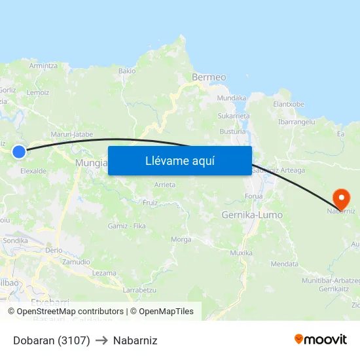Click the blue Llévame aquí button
click(179, 160)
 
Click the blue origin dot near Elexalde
click(19, 152)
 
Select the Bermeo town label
click(209, 77)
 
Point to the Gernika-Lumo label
click(252, 215)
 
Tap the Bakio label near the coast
click(127, 71)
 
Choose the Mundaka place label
click(231, 98)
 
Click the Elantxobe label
click(289, 104)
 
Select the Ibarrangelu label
click(297, 122)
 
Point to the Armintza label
click(43, 65)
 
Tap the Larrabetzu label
click(139, 289)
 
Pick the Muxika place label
click(241, 253)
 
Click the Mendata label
click(284, 264)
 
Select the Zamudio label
click(76, 262)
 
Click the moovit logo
click(321, 340)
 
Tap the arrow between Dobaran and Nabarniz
click(101, 340)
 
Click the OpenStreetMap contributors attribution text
click(65, 312)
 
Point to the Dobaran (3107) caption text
click(51, 340)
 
